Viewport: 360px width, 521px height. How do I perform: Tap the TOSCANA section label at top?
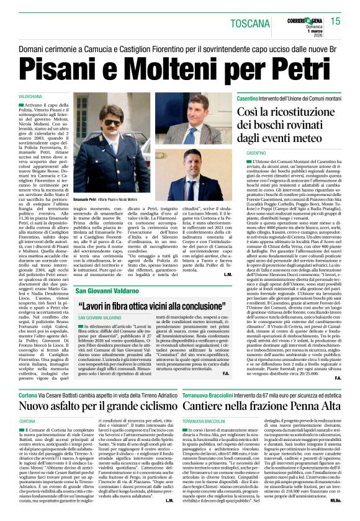250,24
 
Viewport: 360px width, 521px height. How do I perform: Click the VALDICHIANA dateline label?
32,98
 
